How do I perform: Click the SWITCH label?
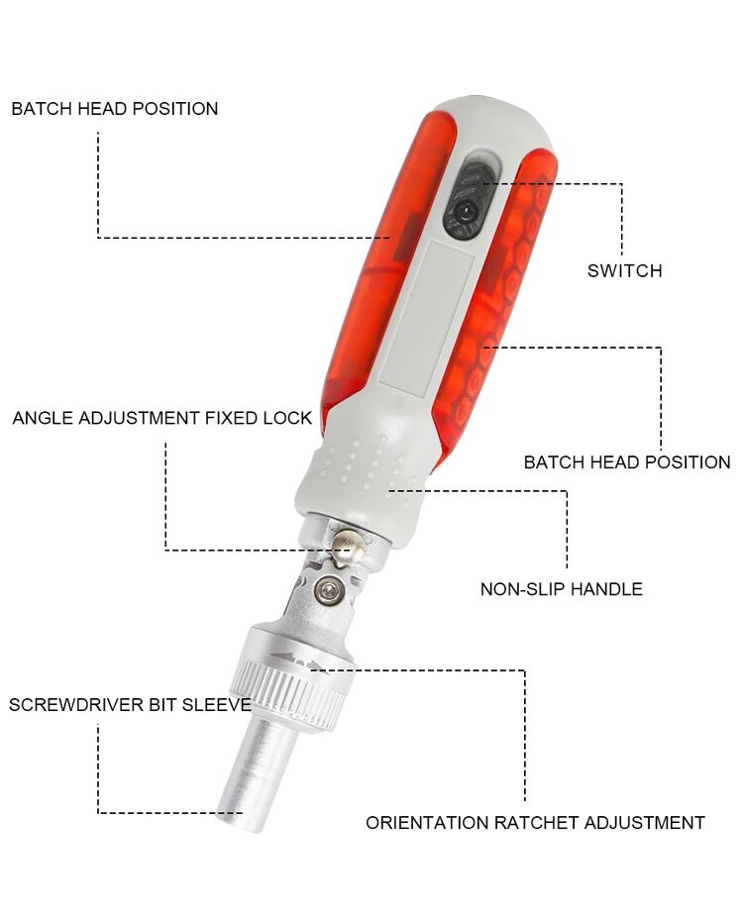[624, 270]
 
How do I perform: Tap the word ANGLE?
[44, 418]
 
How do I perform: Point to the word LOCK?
[287, 418]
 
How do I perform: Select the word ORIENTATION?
[427, 823]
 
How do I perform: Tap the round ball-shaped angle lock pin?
[347, 547]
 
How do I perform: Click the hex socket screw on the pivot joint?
[328, 590]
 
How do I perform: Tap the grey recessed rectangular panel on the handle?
[427, 314]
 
